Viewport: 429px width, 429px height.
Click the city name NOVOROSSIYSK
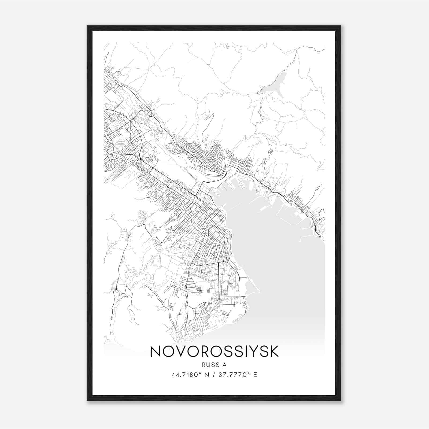coord(214,352)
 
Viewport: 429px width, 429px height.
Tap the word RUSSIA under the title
coord(214,365)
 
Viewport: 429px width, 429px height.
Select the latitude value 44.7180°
coord(187,375)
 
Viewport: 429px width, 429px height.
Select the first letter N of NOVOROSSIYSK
coord(156,352)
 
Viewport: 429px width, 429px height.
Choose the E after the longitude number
coord(255,375)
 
